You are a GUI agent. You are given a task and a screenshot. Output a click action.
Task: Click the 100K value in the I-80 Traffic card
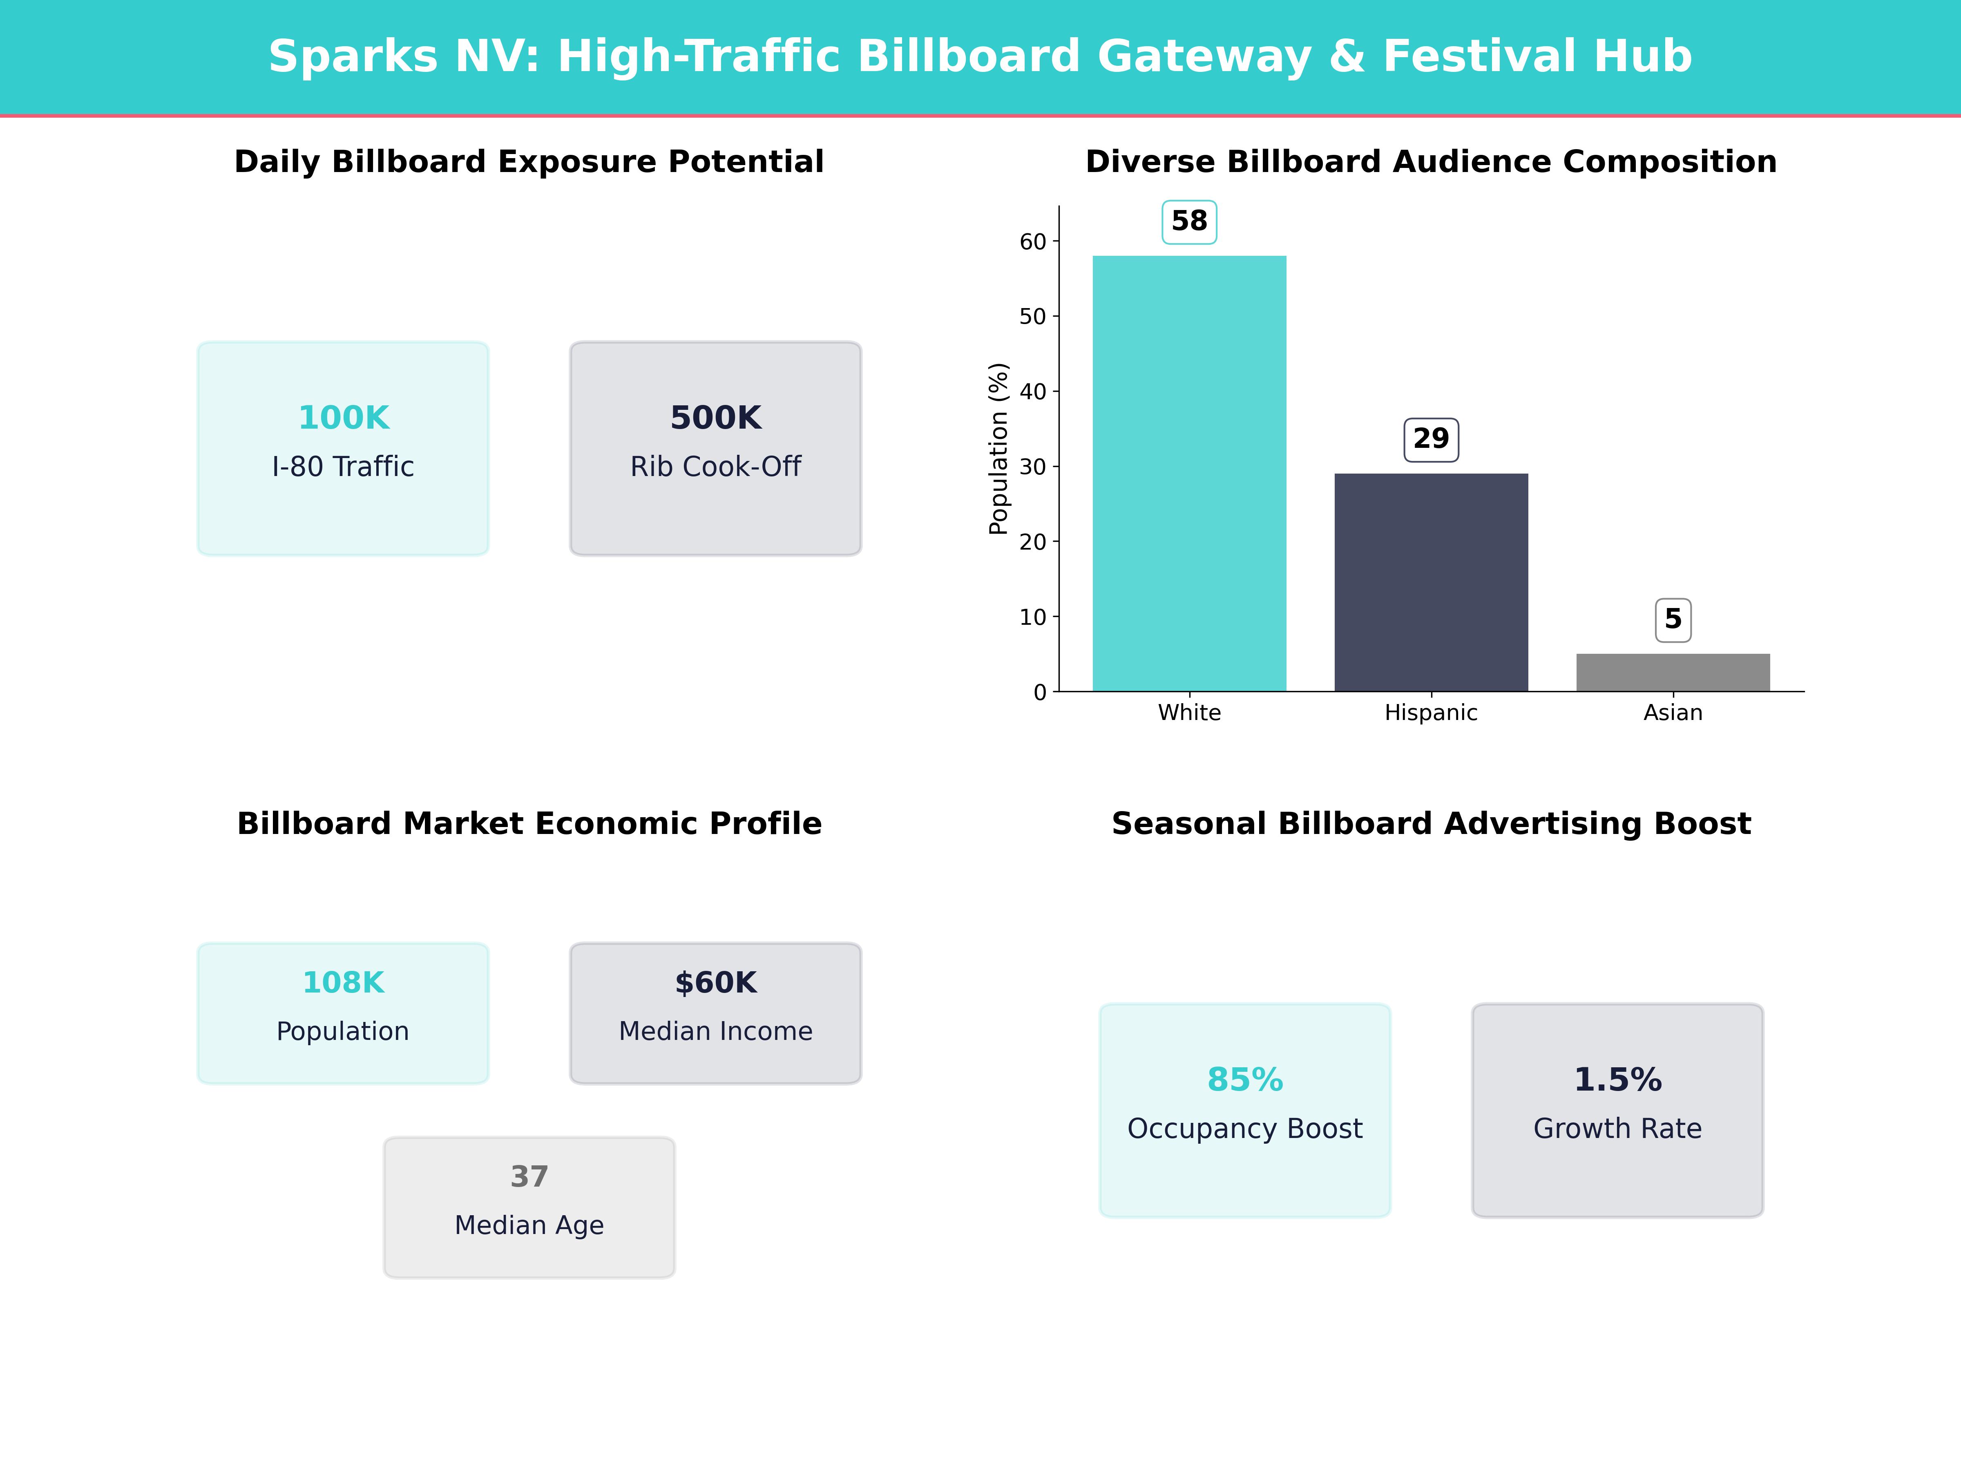(x=343, y=418)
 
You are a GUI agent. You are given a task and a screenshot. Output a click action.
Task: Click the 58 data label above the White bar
(x=1189, y=221)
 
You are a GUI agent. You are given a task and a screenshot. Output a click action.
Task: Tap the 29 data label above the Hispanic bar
(x=1431, y=439)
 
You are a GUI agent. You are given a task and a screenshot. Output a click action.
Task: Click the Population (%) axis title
(x=998, y=449)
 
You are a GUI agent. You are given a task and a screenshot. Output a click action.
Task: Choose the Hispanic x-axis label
(x=1431, y=713)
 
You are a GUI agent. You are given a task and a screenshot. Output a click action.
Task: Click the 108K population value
(x=343, y=982)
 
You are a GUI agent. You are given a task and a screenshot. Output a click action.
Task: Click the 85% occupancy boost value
(x=1245, y=1080)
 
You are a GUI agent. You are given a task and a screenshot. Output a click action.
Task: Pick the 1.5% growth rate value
(x=1617, y=1080)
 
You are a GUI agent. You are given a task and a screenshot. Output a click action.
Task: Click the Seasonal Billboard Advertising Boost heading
(x=1431, y=824)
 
